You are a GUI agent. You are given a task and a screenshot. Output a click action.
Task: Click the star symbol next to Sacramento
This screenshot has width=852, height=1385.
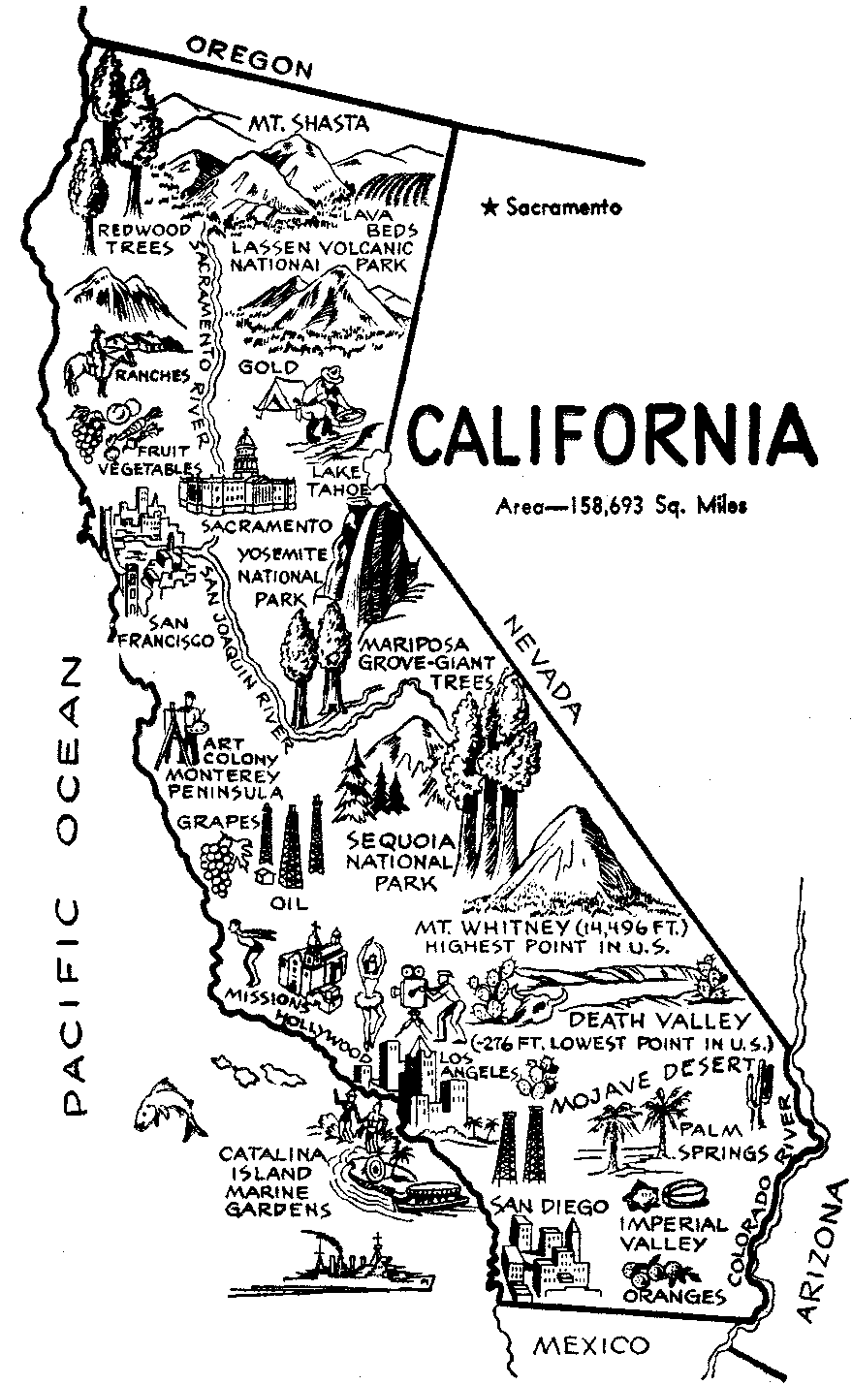tap(491, 206)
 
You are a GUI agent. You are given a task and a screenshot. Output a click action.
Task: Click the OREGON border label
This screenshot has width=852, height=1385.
tap(252, 56)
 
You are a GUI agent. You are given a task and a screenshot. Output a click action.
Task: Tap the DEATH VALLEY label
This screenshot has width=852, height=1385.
tap(658, 1020)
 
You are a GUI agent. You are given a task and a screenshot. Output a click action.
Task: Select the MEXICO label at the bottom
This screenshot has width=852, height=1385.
tap(592, 1345)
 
